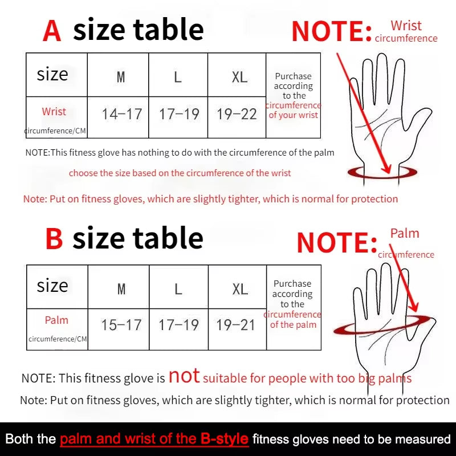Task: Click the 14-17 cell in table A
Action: [121, 114]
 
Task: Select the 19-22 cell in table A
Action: [237, 114]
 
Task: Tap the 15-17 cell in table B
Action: [121, 325]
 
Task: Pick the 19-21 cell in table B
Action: [236, 325]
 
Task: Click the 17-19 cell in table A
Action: [179, 114]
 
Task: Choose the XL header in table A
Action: [239, 77]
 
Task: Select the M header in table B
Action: [121, 289]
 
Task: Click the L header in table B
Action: [178, 289]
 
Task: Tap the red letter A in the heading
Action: [52, 31]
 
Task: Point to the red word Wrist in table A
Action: [54, 112]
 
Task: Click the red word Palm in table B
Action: [56, 320]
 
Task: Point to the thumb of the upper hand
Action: [420, 120]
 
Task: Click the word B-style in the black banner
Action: [225, 439]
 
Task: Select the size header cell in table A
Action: [52, 75]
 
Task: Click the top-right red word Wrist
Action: [406, 26]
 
